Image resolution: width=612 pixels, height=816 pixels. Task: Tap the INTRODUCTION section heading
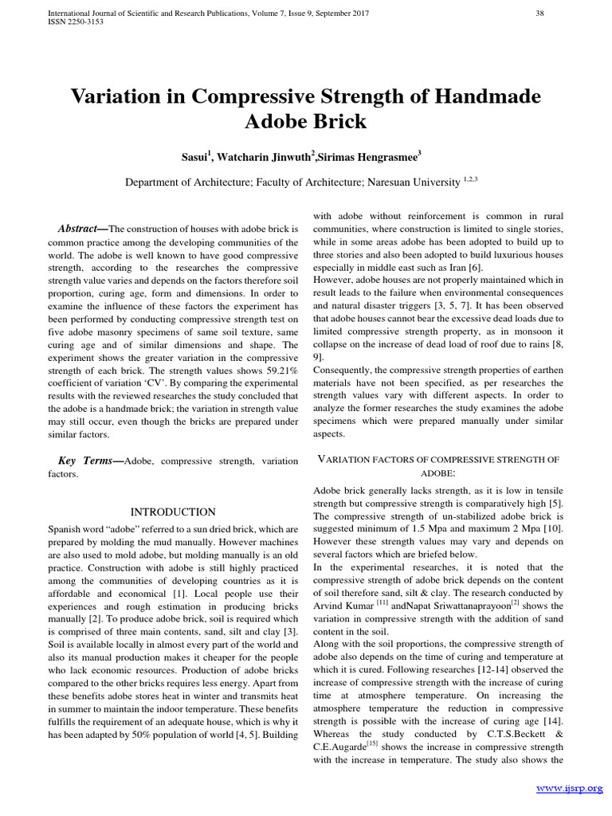[172, 512]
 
